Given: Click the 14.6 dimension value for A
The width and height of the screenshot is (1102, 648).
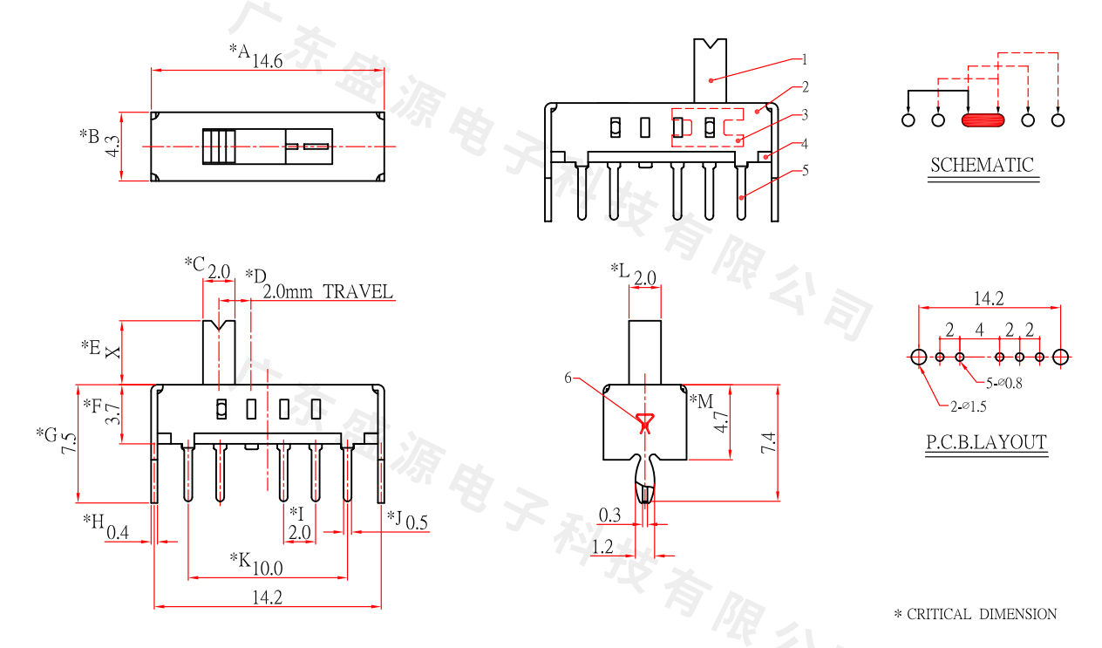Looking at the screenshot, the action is (267, 62).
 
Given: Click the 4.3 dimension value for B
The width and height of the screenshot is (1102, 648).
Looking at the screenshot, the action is (112, 147).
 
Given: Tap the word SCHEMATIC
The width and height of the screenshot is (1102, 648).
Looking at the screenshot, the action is (982, 165).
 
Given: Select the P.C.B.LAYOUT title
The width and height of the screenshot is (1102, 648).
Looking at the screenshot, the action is (986, 442).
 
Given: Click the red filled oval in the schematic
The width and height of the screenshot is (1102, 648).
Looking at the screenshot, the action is (983, 120).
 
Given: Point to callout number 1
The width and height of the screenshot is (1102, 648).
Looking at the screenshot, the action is (805, 59).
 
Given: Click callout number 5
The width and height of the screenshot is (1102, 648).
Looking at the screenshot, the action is (805, 171).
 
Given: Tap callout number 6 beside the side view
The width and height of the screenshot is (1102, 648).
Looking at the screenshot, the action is (568, 378).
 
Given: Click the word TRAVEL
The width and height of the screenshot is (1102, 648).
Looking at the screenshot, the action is (358, 292).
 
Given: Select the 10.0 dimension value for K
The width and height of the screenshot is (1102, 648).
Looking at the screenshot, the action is (268, 569).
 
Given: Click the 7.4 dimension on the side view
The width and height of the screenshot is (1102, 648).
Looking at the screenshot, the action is (768, 442).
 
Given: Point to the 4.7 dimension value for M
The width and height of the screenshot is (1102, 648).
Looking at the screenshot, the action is (721, 422).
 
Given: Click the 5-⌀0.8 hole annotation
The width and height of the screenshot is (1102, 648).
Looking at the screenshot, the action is (1003, 383).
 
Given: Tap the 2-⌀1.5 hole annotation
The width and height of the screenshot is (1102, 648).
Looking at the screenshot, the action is (969, 406).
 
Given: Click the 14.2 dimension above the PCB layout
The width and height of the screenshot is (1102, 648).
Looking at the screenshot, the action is (989, 298).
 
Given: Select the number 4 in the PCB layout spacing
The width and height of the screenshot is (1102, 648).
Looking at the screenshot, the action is (979, 330).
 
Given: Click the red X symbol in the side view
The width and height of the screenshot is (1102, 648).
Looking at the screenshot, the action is (644, 424).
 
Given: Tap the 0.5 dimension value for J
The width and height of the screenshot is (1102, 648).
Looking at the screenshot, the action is (417, 522).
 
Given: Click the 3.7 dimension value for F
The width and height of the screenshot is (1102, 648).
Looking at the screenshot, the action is (113, 413).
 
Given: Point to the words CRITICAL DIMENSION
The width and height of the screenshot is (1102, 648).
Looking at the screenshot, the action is (982, 614).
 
